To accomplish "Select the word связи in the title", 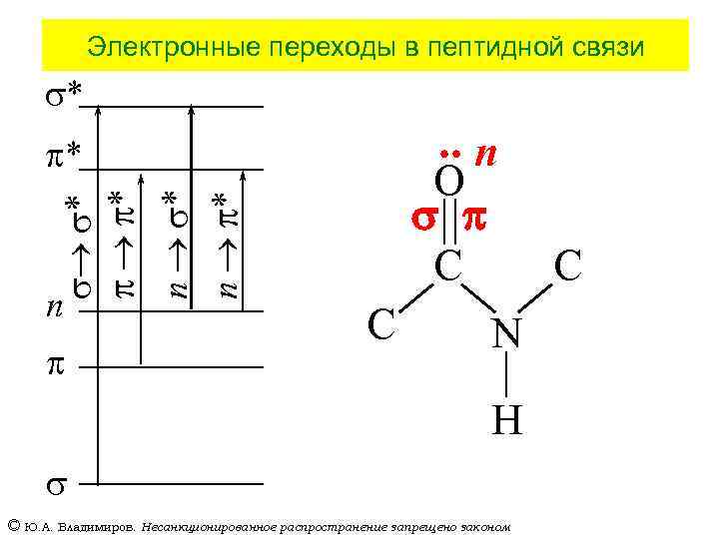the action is [600, 46].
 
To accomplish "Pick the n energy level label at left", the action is [56, 307].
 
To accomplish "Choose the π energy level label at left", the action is [56, 365].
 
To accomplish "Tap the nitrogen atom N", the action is [505, 334].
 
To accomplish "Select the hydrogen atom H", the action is [506, 421].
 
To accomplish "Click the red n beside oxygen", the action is [486, 154].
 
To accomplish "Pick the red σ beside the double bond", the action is [421, 220].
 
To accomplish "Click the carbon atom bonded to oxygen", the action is [446, 266].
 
